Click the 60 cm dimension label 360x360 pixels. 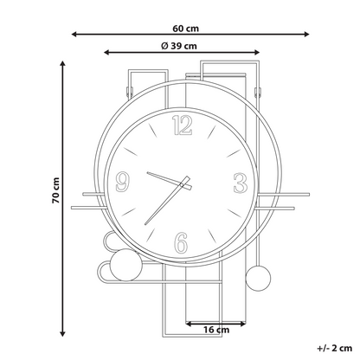[186, 29]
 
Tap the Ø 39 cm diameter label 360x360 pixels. [179, 46]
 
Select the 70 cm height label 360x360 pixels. [55, 190]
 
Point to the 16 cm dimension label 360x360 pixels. [216, 330]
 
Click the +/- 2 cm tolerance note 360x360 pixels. [335, 348]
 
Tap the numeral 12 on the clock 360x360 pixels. [182, 125]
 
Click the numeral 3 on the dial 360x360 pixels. [241, 183]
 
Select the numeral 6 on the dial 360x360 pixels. [182, 243]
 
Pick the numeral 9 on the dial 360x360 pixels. [122, 182]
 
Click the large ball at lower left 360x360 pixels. [126, 265]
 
